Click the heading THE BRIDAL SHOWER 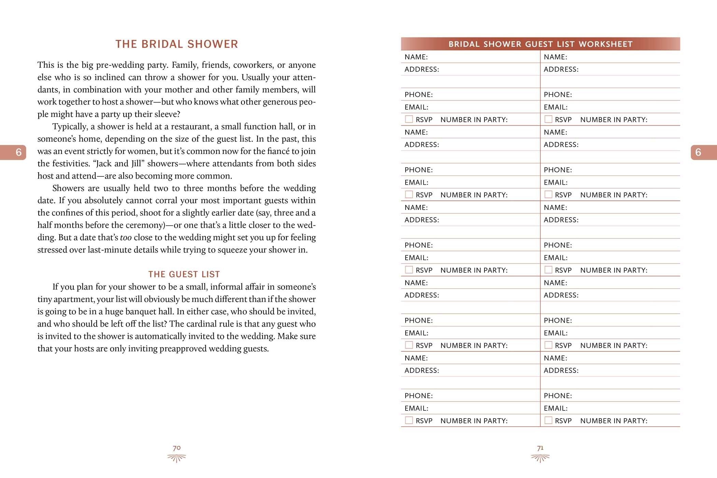pos(177,44)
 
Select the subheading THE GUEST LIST pos(184,274)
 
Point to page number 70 pos(177,448)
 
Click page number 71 pos(540,448)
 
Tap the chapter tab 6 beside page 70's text pos(18,152)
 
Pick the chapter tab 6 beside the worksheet pos(698,152)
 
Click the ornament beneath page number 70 pos(177,458)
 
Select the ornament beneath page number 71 pos(540,458)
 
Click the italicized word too pos(126,238)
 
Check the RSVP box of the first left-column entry pos(409,119)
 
